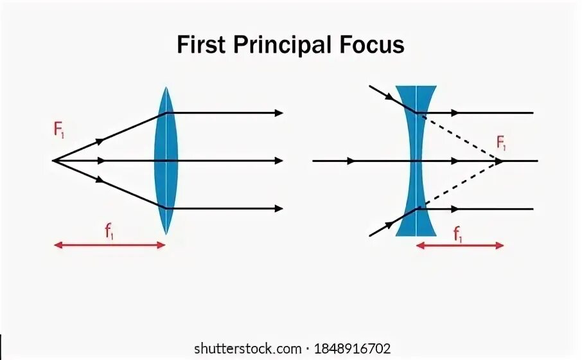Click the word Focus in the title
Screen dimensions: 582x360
pyautogui.click(x=373, y=46)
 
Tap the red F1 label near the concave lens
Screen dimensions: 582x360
pyautogui.click(x=502, y=143)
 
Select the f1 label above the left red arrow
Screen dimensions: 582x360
pyautogui.click(x=110, y=231)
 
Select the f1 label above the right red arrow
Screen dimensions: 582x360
pyautogui.click(x=459, y=235)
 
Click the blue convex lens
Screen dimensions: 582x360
pyautogui.click(x=166, y=161)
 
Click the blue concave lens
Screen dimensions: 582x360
pyautogui.click(x=416, y=161)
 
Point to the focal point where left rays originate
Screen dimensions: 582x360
pyautogui.click(x=53, y=160)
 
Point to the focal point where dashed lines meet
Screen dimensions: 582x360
pyautogui.click(x=500, y=160)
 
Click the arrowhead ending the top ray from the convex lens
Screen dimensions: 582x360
pyautogui.click(x=279, y=113)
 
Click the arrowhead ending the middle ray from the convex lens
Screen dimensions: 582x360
pyautogui.click(x=279, y=160)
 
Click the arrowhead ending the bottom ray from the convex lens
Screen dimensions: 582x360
pyautogui.click(x=279, y=208)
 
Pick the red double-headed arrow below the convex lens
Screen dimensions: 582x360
pyautogui.click(x=109, y=245)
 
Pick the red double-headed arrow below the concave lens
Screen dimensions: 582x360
pyautogui.click(x=460, y=245)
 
